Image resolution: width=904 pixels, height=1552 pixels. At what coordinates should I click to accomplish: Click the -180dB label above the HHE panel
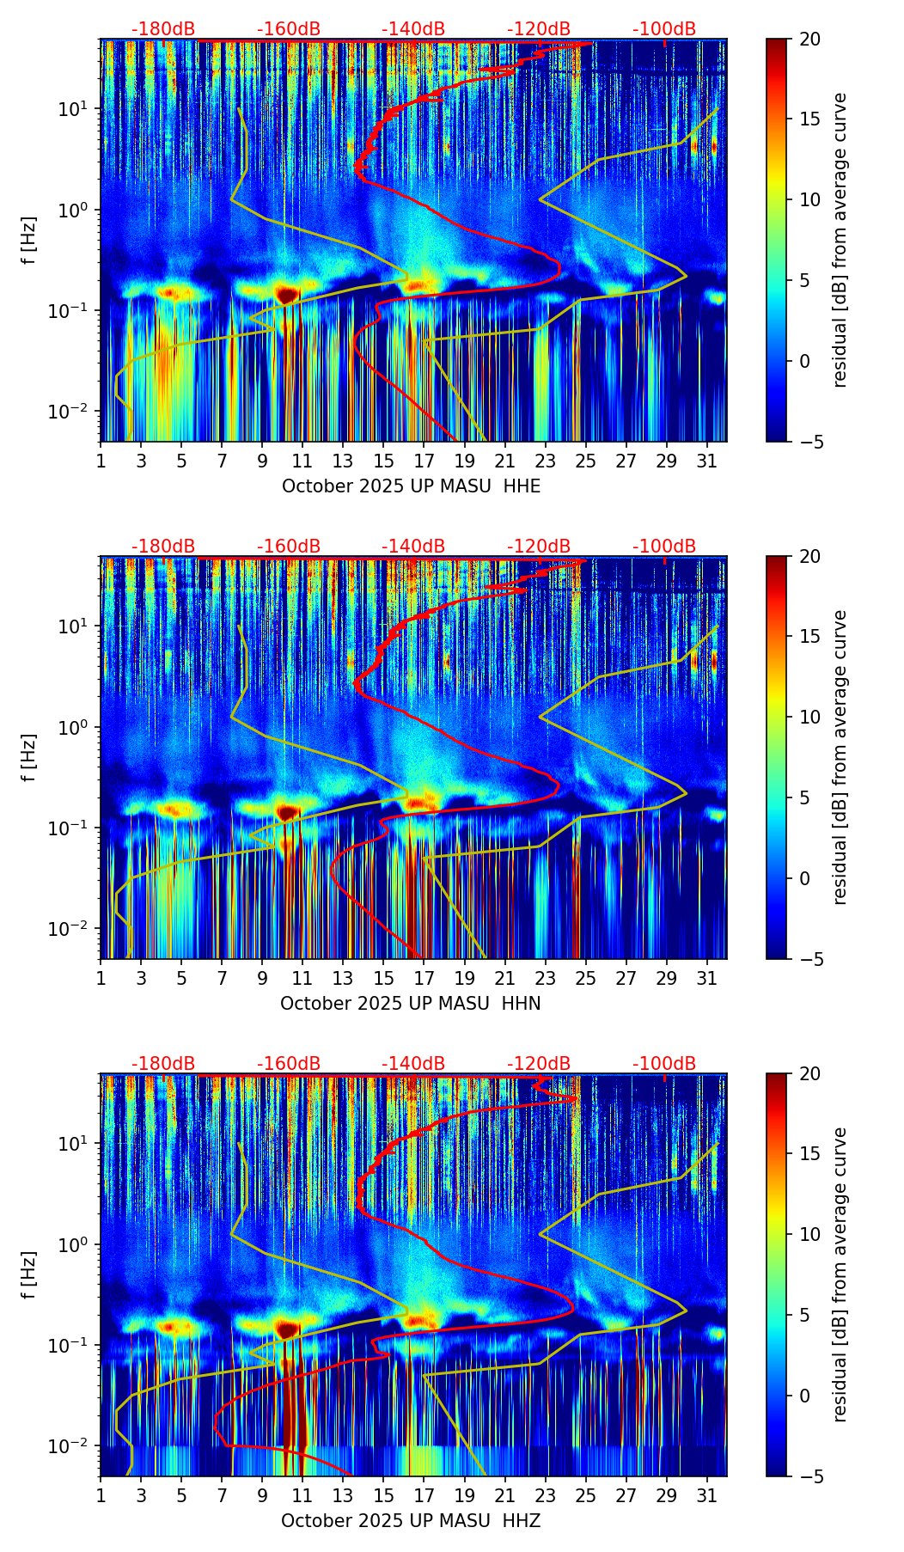[163, 29]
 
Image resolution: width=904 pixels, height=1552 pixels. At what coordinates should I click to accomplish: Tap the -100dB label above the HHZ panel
[664, 1064]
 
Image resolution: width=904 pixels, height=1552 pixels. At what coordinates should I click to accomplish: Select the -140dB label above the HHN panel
[413, 547]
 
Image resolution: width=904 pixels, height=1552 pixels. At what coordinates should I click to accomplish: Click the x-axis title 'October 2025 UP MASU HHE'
[412, 486]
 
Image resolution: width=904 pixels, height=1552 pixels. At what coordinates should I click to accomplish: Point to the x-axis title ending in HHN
[411, 1004]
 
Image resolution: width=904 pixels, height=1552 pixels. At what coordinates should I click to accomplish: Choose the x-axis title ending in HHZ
[411, 1521]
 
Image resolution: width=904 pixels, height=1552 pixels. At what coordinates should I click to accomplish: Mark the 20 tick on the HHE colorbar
[809, 40]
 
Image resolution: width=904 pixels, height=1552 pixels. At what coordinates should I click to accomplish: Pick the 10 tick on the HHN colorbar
[809, 717]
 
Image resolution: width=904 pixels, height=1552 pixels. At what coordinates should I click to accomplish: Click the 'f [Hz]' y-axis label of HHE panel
[29, 241]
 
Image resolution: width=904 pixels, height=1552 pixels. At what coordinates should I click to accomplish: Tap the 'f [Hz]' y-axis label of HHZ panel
[29, 1275]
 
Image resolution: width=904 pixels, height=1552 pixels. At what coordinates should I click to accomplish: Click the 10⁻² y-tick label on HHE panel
[76, 412]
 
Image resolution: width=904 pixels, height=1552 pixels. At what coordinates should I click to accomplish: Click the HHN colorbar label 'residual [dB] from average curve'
[840, 757]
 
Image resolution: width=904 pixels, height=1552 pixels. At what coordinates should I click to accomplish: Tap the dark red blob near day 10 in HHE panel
[287, 295]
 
